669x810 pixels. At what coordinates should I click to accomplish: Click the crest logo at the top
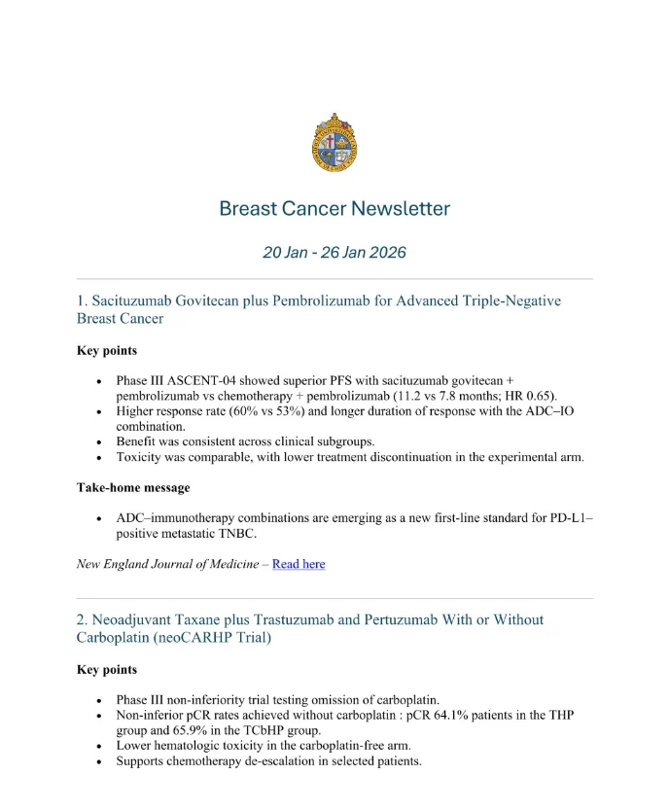334,142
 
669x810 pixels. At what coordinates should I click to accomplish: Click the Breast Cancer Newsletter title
334,208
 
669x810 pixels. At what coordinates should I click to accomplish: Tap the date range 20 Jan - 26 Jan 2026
334,253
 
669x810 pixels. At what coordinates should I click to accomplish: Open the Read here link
299,564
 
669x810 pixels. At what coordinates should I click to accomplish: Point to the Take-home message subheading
133,487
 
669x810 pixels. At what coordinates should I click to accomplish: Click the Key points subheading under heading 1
106,350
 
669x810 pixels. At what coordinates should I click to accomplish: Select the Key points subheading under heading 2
106,669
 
